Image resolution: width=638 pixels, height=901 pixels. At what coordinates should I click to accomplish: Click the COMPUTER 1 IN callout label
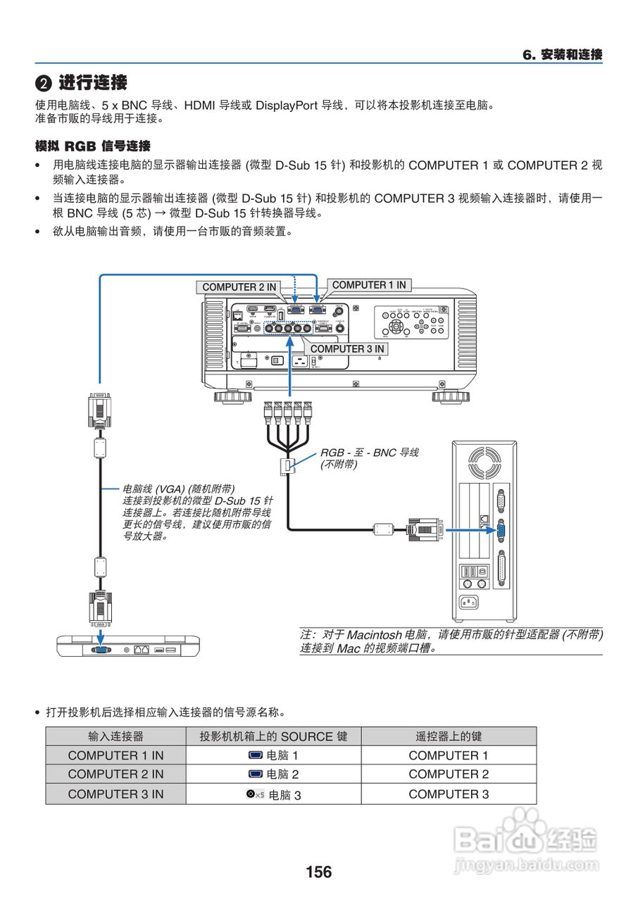coord(369,285)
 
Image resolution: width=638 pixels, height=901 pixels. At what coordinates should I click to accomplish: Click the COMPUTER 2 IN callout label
coord(239,287)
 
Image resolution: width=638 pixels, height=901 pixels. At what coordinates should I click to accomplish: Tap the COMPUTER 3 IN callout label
coord(347,348)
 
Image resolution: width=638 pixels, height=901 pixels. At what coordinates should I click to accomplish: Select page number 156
coord(318,872)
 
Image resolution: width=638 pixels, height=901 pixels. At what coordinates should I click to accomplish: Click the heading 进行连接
coord(92,82)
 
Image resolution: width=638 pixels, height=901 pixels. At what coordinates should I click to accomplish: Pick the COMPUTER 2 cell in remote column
coord(449,774)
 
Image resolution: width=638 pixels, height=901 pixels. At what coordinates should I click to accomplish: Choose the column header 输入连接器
coord(115,736)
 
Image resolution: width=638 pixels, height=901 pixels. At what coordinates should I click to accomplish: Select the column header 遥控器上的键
coord(449,736)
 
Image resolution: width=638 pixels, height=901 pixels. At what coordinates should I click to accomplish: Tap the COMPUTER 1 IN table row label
coord(115,755)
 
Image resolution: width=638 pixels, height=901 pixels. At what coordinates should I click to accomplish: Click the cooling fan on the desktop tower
coord(485,465)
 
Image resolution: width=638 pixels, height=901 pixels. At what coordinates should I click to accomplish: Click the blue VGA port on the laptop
coord(100,649)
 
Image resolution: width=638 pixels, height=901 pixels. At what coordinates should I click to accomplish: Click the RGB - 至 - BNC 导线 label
coord(369,453)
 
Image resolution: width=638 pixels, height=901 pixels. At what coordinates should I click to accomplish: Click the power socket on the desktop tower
coord(468,602)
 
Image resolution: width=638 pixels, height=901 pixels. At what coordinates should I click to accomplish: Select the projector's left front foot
coord(233,397)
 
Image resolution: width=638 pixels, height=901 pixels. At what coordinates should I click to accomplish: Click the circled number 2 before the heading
coord(44,84)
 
